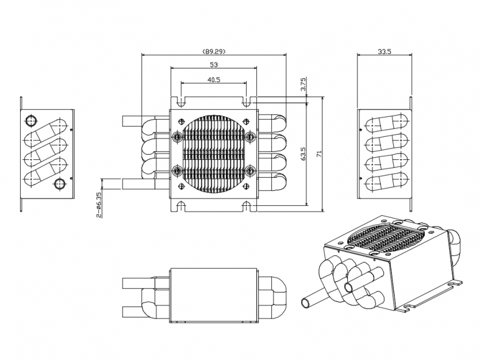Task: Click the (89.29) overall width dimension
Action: point(214,51)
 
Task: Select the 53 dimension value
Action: point(214,64)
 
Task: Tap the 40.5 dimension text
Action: point(214,79)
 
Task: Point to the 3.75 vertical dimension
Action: point(303,84)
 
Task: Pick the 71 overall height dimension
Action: point(319,154)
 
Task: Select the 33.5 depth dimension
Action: point(384,51)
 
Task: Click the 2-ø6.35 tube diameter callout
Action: point(98,205)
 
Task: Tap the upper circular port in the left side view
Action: point(30,121)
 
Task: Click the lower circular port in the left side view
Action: point(59,184)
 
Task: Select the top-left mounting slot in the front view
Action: point(181,102)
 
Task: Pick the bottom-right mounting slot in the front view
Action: point(246,206)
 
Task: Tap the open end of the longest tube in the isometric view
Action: point(306,303)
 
